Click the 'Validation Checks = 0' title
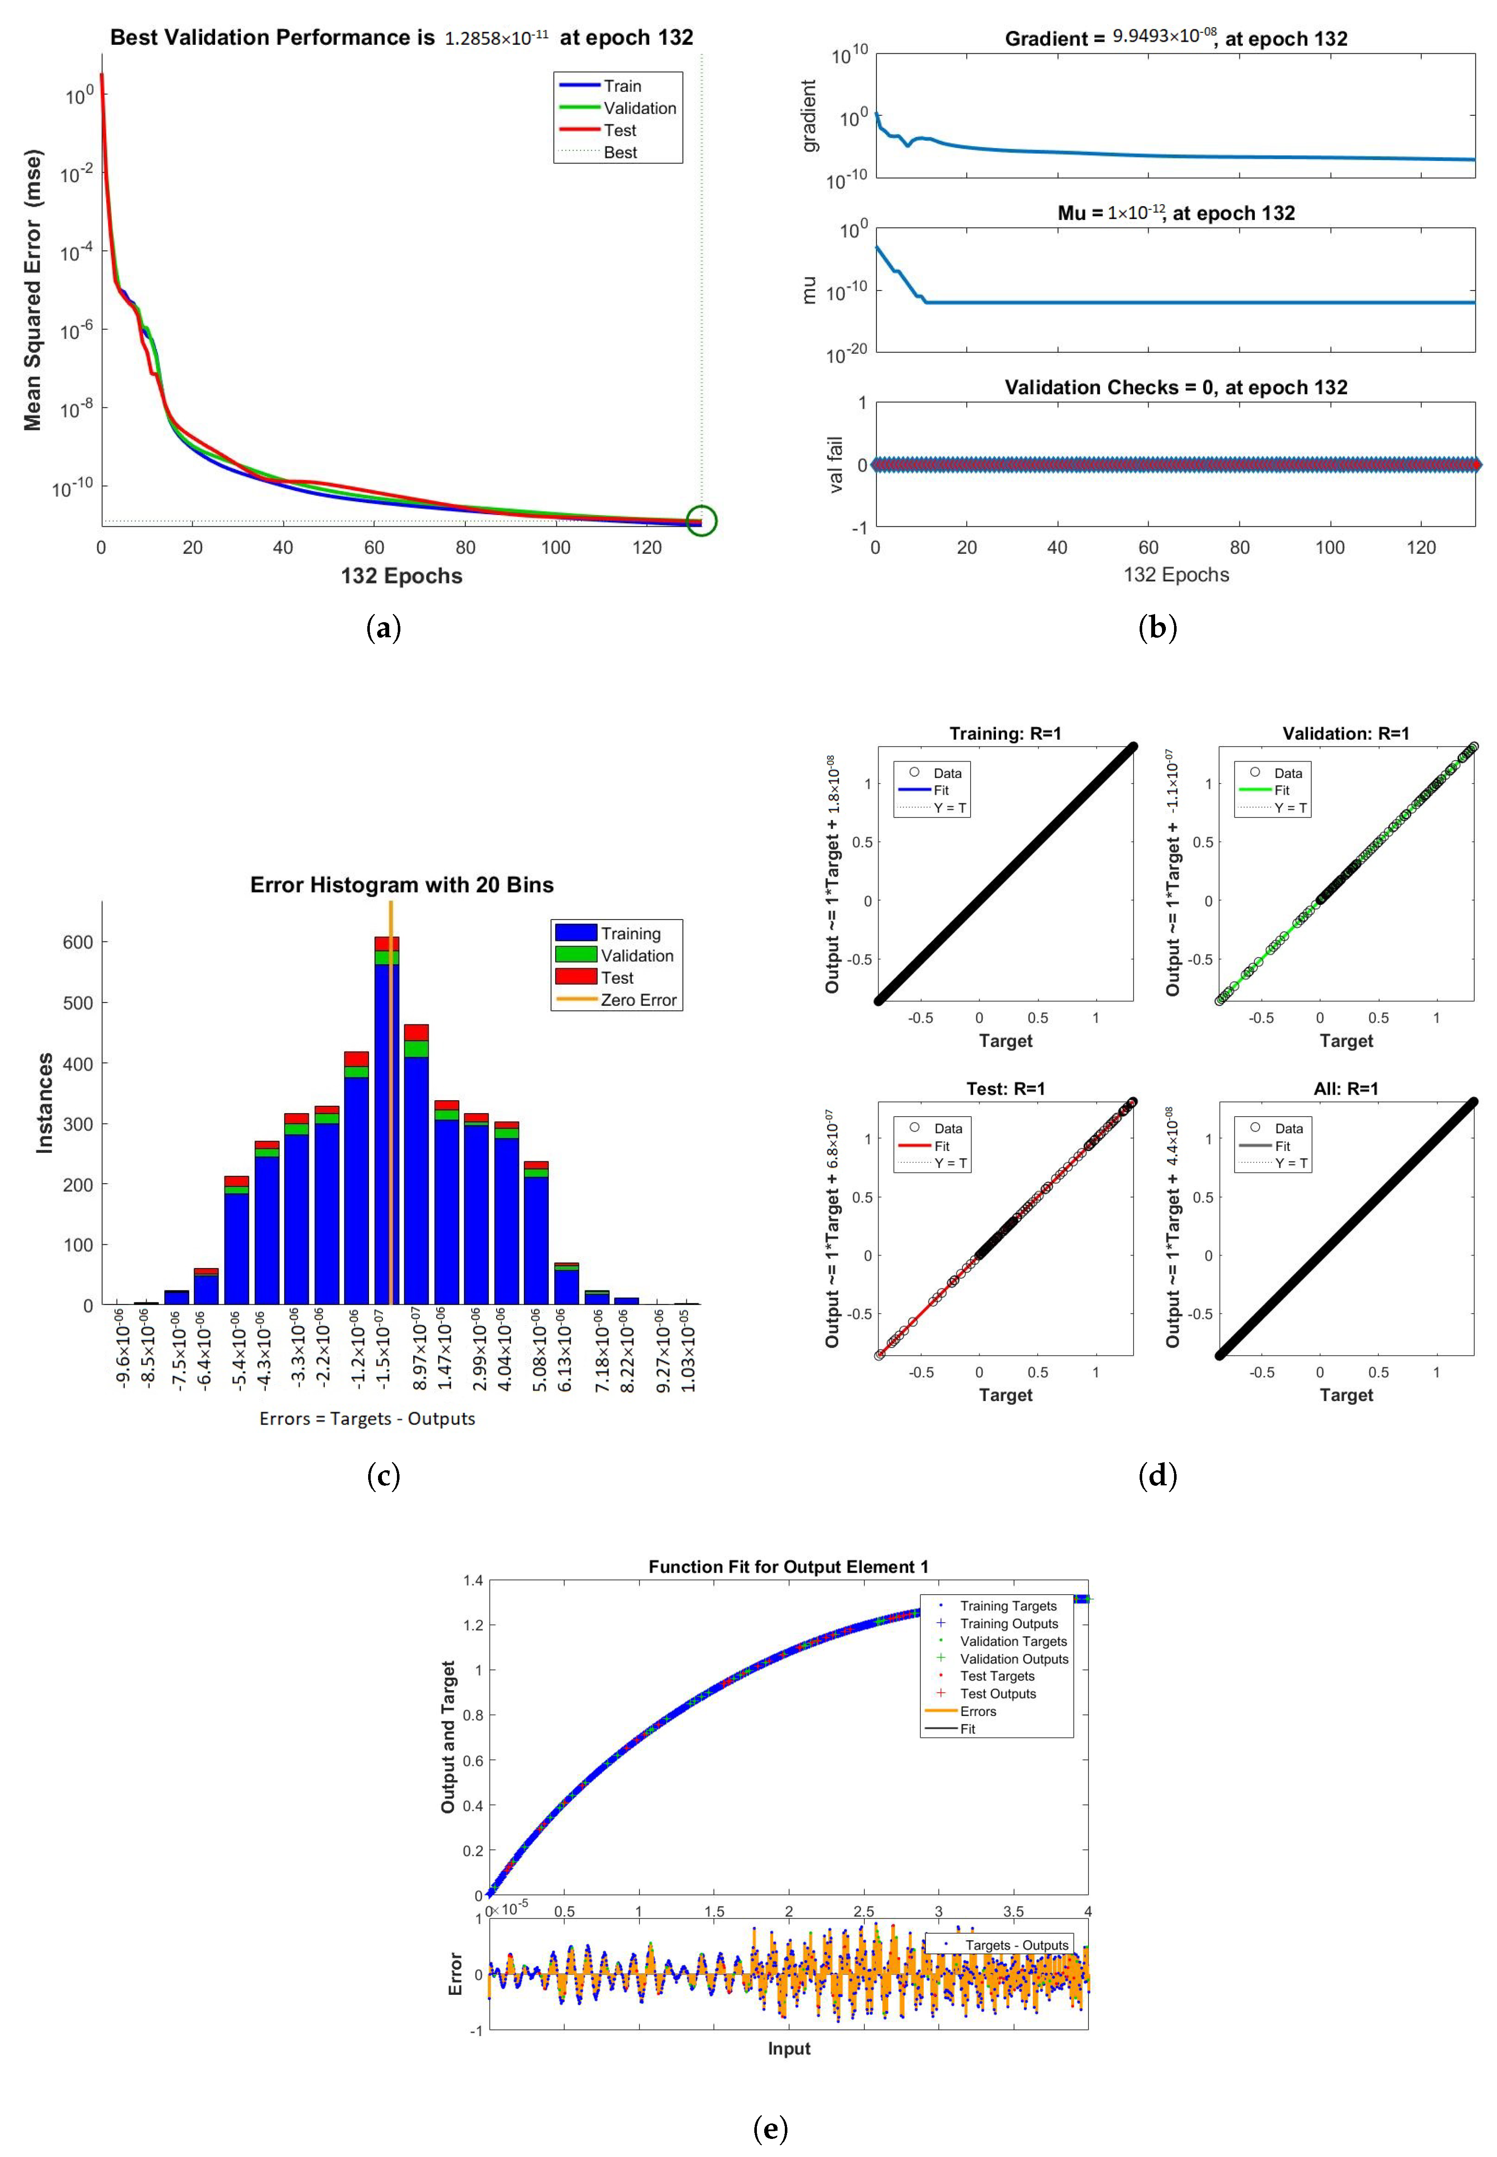click(x=1175, y=388)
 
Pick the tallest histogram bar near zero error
click(x=387, y=1126)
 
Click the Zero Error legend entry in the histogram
click(x=638, y=1000)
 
